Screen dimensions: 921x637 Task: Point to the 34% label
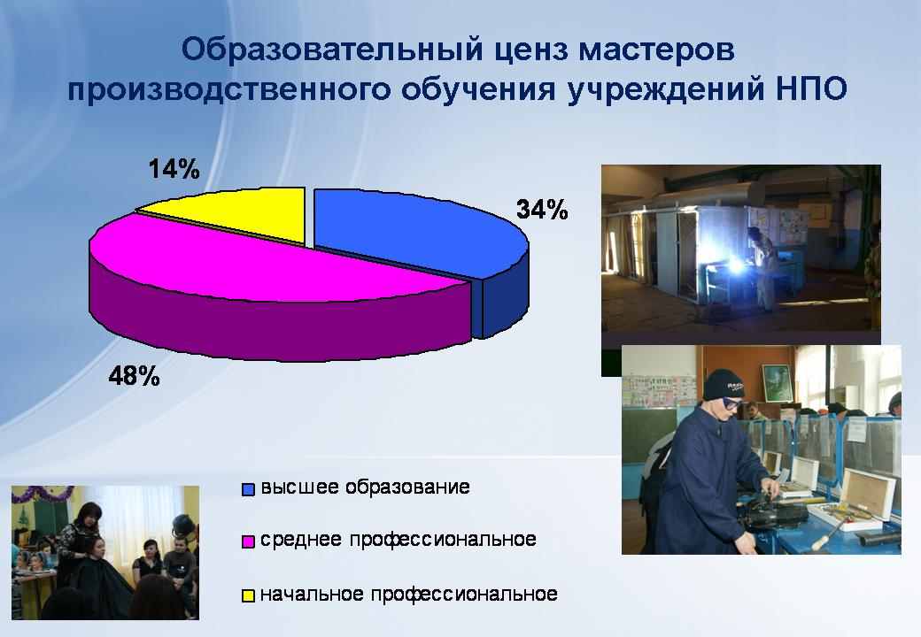click(542, 210)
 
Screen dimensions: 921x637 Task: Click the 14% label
click(174, 169)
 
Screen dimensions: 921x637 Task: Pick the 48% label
click(134, 376)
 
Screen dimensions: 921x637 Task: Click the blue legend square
click(249, 489)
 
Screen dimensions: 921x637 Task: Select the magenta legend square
click(249, 541)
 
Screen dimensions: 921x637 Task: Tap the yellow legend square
click(249, 595)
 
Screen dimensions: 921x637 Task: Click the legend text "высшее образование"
click(365, 487)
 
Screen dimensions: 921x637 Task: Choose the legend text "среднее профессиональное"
click(399, 540)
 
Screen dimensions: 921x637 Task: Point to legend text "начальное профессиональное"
click(409, 595)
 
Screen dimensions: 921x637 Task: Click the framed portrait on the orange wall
click(778, 383)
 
